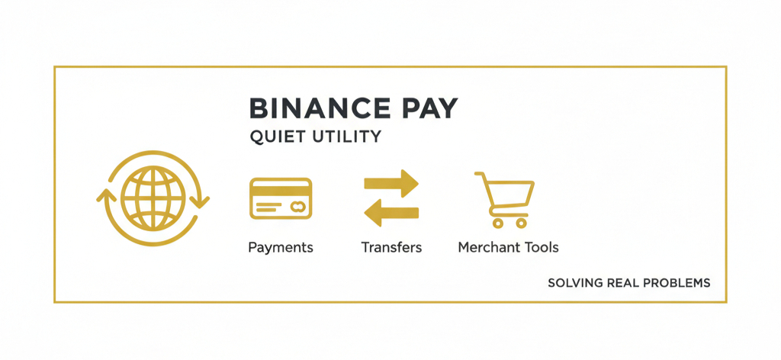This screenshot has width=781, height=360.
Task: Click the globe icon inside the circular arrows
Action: pos(153,198)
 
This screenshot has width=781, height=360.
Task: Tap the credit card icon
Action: pos(281,198)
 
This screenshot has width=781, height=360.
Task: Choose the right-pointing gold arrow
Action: pos(391,183)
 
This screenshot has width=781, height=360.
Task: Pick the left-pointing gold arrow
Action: pos(391,213)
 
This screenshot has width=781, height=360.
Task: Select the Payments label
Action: pos(281,247)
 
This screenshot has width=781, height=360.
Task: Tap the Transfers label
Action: pos(391,247)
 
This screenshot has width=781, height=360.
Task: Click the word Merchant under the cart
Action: pos(490,247)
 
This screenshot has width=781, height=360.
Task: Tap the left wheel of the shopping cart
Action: pos(497,223)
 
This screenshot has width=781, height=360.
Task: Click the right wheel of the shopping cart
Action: pos(521,223)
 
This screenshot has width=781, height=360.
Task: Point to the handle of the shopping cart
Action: pos(480,174)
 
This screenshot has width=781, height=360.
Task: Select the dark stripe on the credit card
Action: pos(281,191)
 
